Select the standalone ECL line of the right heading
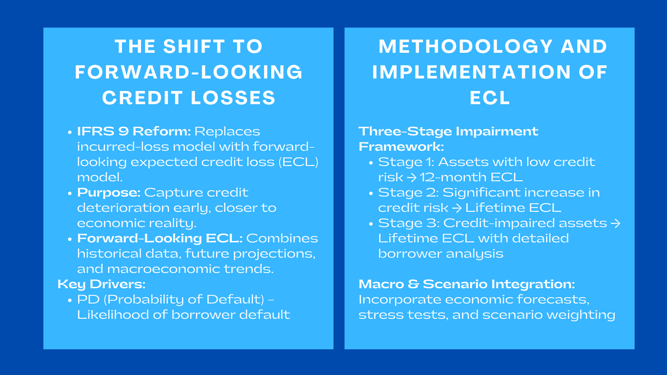pyautogui.click(x=490, y=98)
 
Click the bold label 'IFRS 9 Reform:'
pyautogui.click(x=134, y=131)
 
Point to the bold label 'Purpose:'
pyautogui.click(x=108, y=192)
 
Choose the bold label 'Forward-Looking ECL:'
pyautogui.click(x=159, y=238)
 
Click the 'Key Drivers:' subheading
pyautogui.click(x=101, y=284)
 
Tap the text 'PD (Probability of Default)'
pyautogui.click(x=171, y=299)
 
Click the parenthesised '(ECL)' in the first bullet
pyautogui.click(x=298, y=162)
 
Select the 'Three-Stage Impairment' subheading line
pyautogui.click(x=448, y=131)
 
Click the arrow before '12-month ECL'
pyautogui.click(x=412, y=178)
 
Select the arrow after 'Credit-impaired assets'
pyautogui.click(x=615, y=223)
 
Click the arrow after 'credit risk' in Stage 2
pyautogui.click(x=457, y=208)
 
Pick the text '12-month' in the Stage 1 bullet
pyautogui.click(x=453, y=177)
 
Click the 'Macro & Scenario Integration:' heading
pyautogui.click(x=467, y=284)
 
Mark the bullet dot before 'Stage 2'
pyautogui.click(x=371, y=193)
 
